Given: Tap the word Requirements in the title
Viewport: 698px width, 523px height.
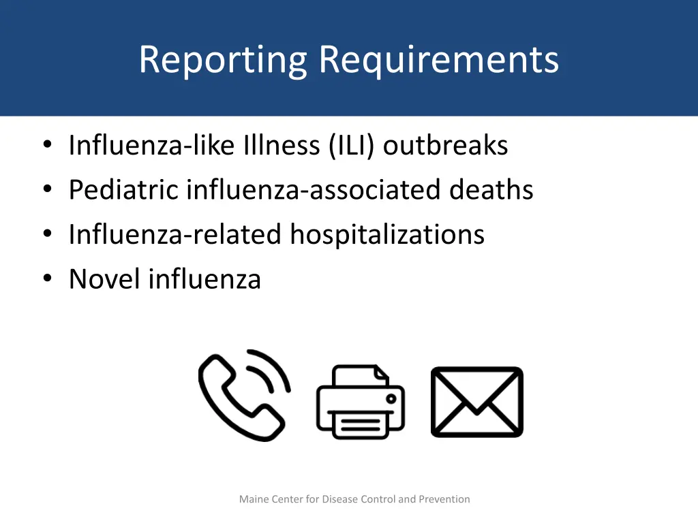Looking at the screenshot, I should click(439, 60).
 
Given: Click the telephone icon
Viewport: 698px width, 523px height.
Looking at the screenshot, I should click(244, 395).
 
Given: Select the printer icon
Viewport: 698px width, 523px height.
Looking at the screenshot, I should click(361, 402).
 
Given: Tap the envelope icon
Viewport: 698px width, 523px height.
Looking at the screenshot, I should click(477, 402).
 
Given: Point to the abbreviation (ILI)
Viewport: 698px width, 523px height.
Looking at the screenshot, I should click(351, 145).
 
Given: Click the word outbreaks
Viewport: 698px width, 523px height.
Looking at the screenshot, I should click(446, 145).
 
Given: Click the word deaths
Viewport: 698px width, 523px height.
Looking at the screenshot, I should click(491, 190).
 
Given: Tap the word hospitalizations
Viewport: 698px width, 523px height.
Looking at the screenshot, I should click(387, 235).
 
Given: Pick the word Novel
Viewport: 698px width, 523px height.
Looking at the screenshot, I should click(104, 279).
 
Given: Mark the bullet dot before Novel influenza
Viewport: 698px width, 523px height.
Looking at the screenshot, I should click(47, 279).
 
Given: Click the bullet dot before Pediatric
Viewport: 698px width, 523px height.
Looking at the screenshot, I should click(47, 190).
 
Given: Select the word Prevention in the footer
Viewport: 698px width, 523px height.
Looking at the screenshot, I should click(444, 499).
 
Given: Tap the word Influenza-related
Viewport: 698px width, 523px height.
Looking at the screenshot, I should click(174, 235).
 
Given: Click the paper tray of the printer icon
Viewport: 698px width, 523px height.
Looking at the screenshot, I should click(361, 426).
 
